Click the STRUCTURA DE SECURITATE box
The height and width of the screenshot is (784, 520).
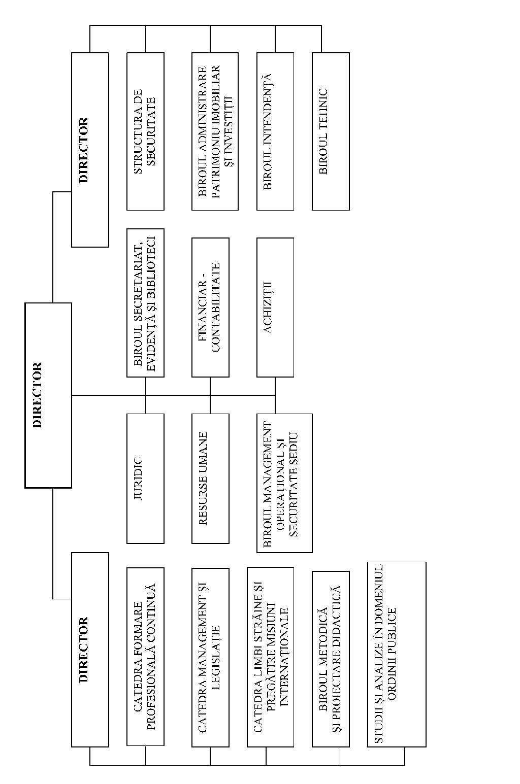pos(145,131)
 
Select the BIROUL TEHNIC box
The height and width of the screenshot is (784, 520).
pos(331,131)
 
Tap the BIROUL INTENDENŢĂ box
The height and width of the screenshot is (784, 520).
pos(275,131)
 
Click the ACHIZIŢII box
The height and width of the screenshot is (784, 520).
pos(275,308)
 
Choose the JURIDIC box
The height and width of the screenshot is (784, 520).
pos(145,479)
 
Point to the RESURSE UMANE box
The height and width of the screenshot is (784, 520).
pos(210,479)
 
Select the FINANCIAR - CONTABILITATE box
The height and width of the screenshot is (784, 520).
pos(210,308)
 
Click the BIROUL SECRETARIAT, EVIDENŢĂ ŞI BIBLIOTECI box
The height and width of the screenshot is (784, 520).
pos(145,303)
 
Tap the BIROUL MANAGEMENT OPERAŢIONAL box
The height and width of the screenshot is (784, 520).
pos(284,483)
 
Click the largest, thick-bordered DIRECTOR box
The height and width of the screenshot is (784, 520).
pos(48,395)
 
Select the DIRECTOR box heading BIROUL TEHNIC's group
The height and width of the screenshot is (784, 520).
pos(90,150)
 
